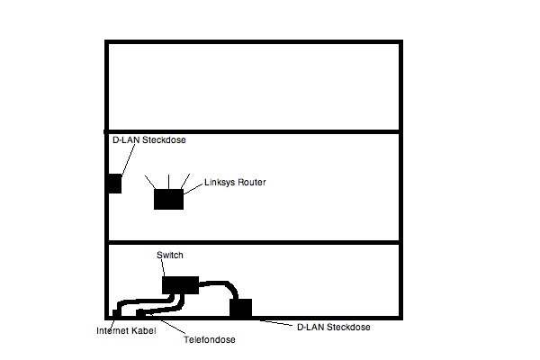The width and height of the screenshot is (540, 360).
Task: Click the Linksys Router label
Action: pyautogui.click(x=235, y=182)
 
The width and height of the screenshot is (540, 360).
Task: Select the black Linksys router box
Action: pyautogui.click(x=169, y=199)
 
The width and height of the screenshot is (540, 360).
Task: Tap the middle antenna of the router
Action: pyautogui.click(x=169, y=182)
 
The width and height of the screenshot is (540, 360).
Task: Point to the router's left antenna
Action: pyautogui.click(x=150, y=182)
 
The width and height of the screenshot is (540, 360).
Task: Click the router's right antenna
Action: pyautogui.click(x=185, y=182)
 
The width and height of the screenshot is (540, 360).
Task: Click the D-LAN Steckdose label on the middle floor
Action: pyautogui.click(x=149, y=139)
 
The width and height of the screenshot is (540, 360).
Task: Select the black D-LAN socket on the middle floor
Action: pyautogui.click(x=115, y=184)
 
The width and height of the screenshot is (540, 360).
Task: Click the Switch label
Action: pyautogui.click(x=170, y=255)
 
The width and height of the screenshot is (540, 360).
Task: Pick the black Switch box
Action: pyautogui.click(x=181, y=285)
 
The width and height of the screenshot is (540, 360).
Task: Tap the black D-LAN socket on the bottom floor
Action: pyautogui.click(x=240, y=308)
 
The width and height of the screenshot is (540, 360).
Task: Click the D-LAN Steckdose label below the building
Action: pyautogui.click(x=334, y=327)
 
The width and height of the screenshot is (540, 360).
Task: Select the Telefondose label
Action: pyautogui.click(x=210, y=339)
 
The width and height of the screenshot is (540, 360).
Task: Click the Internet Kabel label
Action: pyautogui.click(x=126, y=330)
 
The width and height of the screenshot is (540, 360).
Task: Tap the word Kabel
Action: pyautogui.click(x=144, y=330)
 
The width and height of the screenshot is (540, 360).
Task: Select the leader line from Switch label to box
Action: pyautogui.click(x=163, y=268)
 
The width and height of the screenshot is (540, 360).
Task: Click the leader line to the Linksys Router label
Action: pyautogui.click(x=193, y=190)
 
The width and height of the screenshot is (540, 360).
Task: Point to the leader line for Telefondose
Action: pyautogui.click(x=173, y=328)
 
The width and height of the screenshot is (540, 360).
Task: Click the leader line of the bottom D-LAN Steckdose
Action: pyautogui.click(x=274, y=323)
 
